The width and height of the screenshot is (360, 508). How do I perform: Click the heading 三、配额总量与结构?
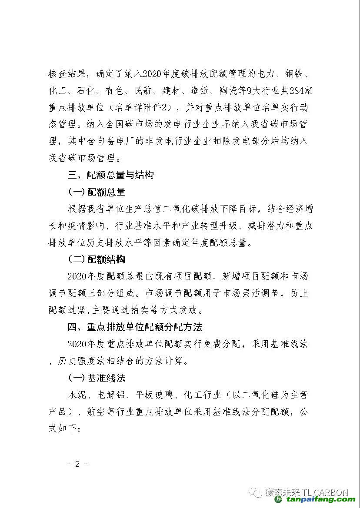[x=110, y=175]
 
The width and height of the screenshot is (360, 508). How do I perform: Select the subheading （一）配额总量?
[x=96, y=192]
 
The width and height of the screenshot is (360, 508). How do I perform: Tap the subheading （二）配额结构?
[x=96, y=259]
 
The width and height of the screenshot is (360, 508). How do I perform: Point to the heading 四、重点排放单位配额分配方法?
[x=135, y=327]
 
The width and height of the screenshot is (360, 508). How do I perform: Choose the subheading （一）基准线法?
[x=96, y=378]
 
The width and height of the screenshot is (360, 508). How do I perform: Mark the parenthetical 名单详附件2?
[x=144, y=107]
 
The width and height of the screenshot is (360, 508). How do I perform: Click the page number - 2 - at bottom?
[x=78, y=464]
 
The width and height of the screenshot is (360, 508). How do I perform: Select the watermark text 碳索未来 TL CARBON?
[x=307, y=492]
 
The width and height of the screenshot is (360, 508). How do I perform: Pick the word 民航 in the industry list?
[x=144, y=90]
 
